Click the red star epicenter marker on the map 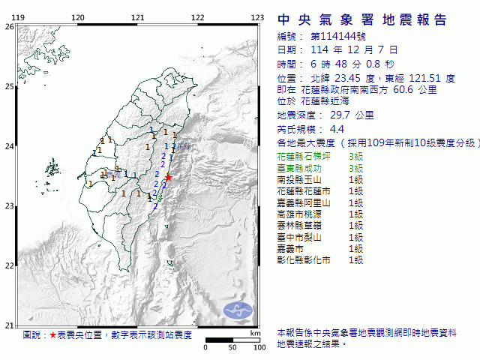tap(169, 178)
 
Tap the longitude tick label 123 tap(256, 17)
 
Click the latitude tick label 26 tap(9, 26)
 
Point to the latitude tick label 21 tap(9, 325)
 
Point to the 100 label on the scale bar tap(259, 348)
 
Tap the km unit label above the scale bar tap(256, 331)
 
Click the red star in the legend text tap(52, 334)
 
